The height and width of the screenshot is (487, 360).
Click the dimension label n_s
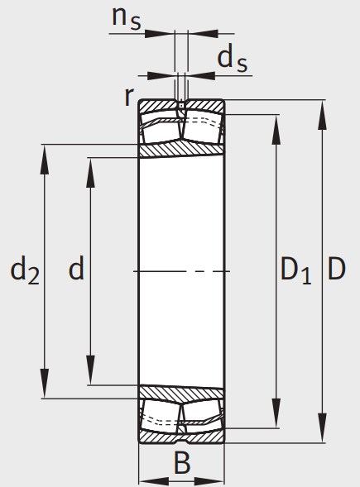pos(127,17)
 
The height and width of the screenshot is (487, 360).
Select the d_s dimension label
pos(232,60)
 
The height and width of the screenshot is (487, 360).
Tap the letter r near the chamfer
pos(129,96)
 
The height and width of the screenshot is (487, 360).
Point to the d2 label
pos(25,271)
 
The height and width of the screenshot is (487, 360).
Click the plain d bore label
pos(76,267)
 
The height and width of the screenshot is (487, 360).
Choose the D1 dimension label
pos(295,271)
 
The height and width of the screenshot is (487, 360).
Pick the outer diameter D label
pos(337,269)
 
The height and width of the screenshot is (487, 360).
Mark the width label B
pos(182,463)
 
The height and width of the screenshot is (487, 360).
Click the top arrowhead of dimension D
pos(323,114)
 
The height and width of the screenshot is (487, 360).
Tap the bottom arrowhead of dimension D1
pos(276,413)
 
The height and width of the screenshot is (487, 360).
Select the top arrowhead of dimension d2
pos(45,160)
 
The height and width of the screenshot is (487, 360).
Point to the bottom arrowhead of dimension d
pos(90,370)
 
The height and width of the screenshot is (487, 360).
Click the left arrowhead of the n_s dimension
pos(160,33)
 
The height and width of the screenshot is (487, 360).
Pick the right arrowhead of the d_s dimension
pos(200,75)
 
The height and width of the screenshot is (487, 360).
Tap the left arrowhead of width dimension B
pos(154,480)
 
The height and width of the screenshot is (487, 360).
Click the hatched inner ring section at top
pos(181,150)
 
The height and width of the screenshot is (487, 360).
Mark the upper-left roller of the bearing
pos(161,131)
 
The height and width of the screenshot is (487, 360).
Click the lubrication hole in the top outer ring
pos(181,106)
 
